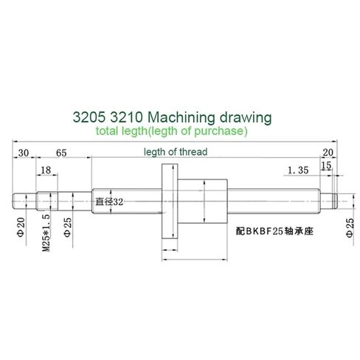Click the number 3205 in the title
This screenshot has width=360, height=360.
point(90,117)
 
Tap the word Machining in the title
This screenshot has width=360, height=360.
point(184,117)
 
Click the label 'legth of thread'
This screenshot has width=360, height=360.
point(176,151)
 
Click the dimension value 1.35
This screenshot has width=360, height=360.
point(297,170)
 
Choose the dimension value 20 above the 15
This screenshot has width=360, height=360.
point(328,152)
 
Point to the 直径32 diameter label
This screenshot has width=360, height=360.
point(108,199)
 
